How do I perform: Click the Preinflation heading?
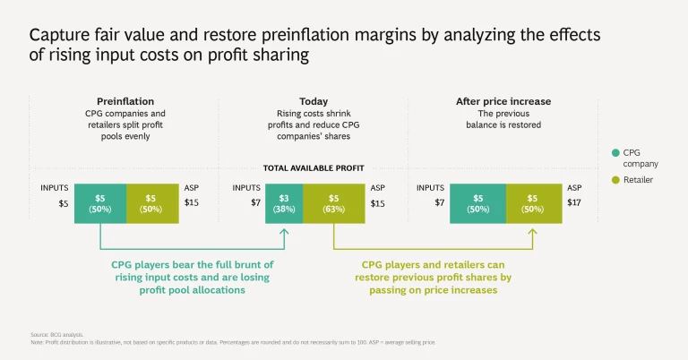125,101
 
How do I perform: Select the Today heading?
314,101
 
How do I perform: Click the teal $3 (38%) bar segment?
284,203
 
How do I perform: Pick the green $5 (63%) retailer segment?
334,203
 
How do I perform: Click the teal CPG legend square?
616,152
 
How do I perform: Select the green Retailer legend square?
616,179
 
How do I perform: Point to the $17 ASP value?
574,203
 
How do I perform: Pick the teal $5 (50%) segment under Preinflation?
99,203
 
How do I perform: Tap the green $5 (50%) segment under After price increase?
532,203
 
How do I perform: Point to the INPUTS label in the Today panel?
246,188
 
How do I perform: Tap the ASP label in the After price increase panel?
574,188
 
